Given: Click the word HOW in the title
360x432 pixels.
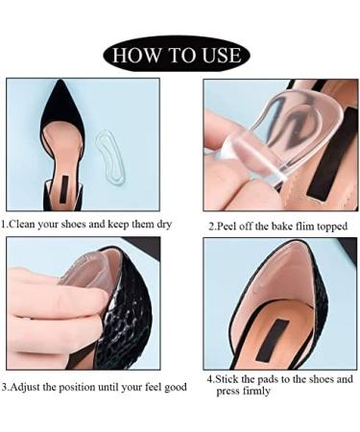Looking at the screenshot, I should (138, 55).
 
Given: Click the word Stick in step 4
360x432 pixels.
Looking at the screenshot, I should (228, 379).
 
